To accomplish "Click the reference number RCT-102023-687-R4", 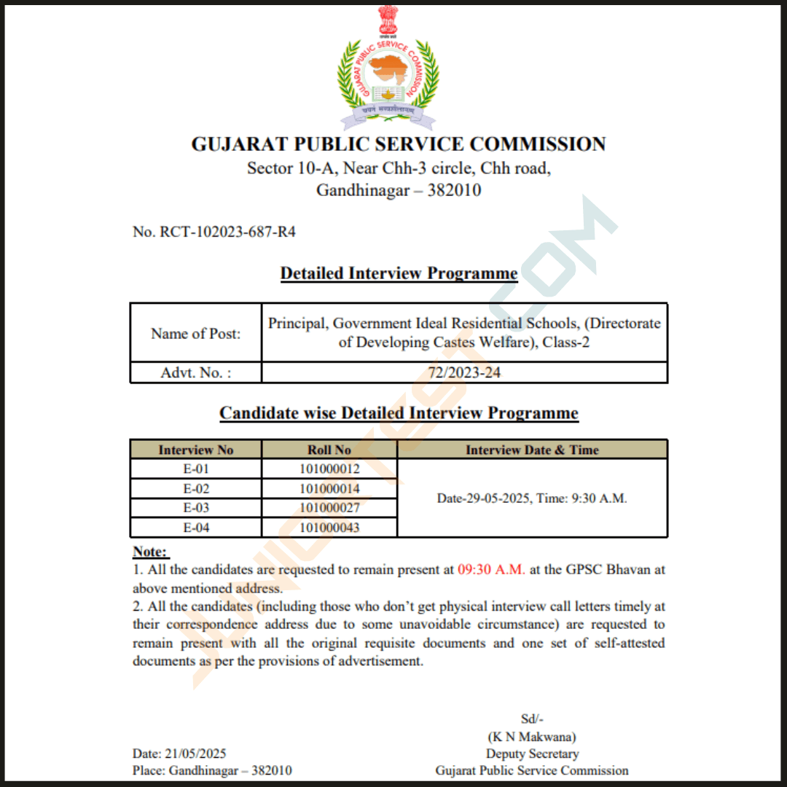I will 214,232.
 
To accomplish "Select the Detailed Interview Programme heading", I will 399,273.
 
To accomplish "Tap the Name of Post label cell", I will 195,334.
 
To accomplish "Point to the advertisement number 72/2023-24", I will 464,373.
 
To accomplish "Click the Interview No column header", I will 195,450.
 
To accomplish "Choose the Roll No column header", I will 329,450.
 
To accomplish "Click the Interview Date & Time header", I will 532,450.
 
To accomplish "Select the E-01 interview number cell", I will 196,469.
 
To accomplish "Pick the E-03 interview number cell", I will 196,508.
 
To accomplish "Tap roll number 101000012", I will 329,469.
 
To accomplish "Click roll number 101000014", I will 329,488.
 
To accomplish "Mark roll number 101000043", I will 329,528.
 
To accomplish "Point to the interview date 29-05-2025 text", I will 490,498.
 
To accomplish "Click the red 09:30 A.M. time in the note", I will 491,570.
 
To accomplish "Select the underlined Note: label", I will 150,552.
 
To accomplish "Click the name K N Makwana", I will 532,737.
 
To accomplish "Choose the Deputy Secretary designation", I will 532,753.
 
